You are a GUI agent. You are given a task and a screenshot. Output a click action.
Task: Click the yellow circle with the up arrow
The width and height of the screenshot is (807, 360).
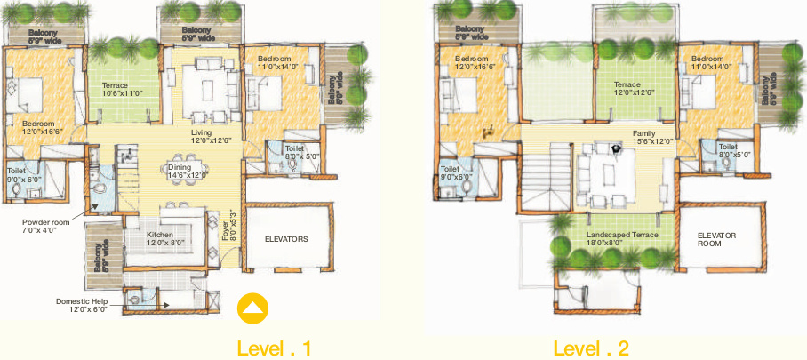tap(253, 308)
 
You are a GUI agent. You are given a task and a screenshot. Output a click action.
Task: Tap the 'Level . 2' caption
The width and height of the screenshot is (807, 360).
tap(591, 347)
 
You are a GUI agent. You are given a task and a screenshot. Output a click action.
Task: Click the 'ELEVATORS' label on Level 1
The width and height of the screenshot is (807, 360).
tap(285, 239)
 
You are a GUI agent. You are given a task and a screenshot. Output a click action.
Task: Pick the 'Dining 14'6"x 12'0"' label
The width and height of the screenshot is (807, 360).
tap(186, 171)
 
